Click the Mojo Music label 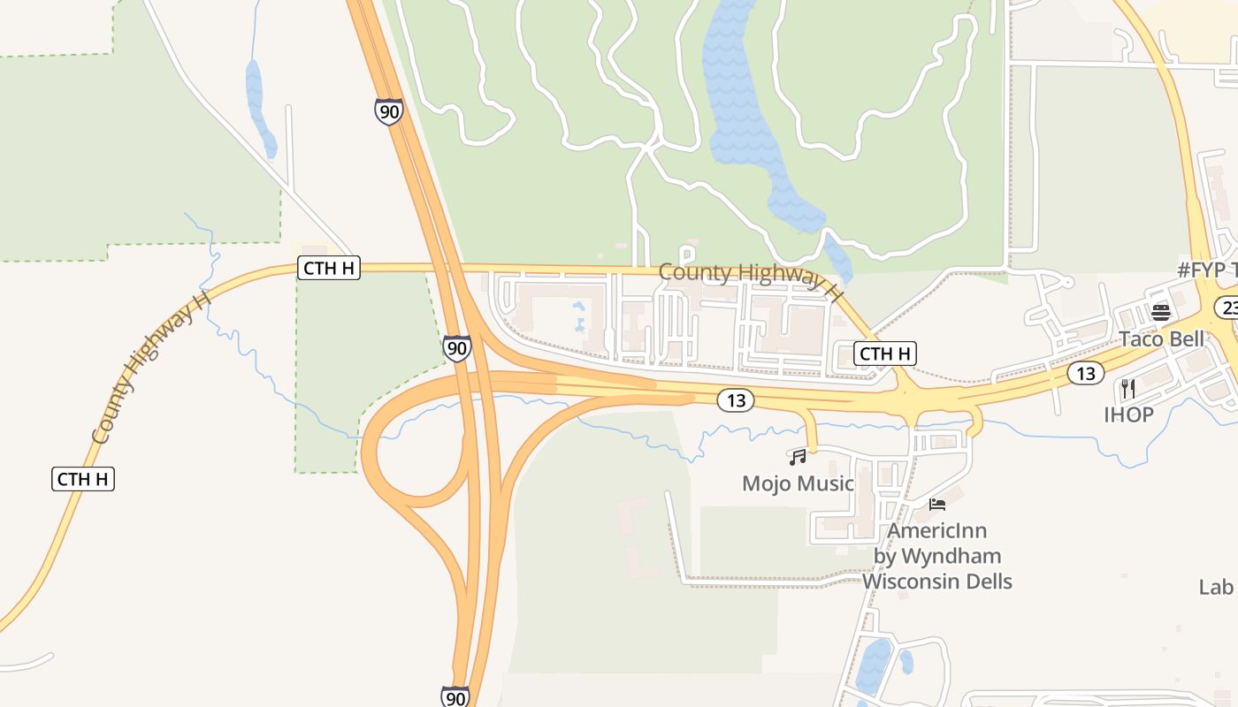click(798, 483)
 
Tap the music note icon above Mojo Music click(798, 457)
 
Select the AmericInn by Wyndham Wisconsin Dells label click(937, 556)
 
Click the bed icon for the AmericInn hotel click(937, 505)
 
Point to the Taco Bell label click(1161, 338)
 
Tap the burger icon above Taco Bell click(1161, 312)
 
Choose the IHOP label click(1128, 414)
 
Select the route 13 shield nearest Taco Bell click(1085, 373)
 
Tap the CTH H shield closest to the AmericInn click(885, 353)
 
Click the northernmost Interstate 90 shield click(388, 111)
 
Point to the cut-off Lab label click(1216, 587)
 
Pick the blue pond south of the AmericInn click(874, 665)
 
